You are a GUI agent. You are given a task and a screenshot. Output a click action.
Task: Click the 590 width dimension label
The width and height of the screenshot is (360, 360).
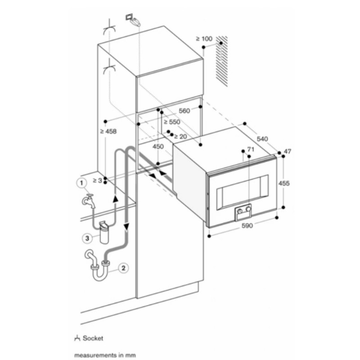(x=247, y=226)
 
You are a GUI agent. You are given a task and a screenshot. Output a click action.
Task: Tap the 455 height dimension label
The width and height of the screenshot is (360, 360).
(x=284, y=183)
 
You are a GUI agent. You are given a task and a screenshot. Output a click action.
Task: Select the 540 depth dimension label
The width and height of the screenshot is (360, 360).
(x=262, y=139)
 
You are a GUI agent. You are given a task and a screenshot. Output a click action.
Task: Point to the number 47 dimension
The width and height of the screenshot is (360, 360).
(x=288, y=151)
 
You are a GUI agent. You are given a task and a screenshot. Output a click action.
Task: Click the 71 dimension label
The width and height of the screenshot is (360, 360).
(x=251, y=149)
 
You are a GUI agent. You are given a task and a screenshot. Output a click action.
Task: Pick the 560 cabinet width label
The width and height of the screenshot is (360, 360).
(x=184, y=111)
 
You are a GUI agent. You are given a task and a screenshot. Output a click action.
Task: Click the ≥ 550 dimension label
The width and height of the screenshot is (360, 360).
(x=172, y=121)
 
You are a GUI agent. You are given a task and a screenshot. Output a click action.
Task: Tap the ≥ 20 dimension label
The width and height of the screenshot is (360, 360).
(x=180, y=137)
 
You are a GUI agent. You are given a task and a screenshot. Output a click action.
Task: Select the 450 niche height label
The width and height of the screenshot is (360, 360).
(x=158, y=147)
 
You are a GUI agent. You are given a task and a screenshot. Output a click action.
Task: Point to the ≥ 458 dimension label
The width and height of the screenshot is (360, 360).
(x=108, y=131)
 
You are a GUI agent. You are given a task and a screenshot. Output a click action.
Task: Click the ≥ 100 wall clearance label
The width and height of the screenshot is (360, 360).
(x=204, y=39)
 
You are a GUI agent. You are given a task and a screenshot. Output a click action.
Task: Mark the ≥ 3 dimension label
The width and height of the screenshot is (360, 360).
(x=97, y=181)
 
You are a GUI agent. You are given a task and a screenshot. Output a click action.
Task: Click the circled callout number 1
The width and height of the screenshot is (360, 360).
(x=81, y=183)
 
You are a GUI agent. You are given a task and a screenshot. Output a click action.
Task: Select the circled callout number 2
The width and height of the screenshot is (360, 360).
(x=123, y=268)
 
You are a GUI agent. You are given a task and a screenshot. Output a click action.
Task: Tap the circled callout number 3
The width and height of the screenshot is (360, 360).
(x=87, y=238)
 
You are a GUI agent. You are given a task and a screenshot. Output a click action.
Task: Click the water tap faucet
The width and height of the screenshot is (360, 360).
(x=89, y=201)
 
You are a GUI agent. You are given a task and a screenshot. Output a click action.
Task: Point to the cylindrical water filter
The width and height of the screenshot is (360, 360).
(x=104, y=233)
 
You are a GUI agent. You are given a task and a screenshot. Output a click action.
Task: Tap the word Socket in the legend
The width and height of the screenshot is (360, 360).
(x=93, y=338)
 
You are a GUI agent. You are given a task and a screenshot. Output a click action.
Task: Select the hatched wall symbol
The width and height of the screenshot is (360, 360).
(x=222, y=61)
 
